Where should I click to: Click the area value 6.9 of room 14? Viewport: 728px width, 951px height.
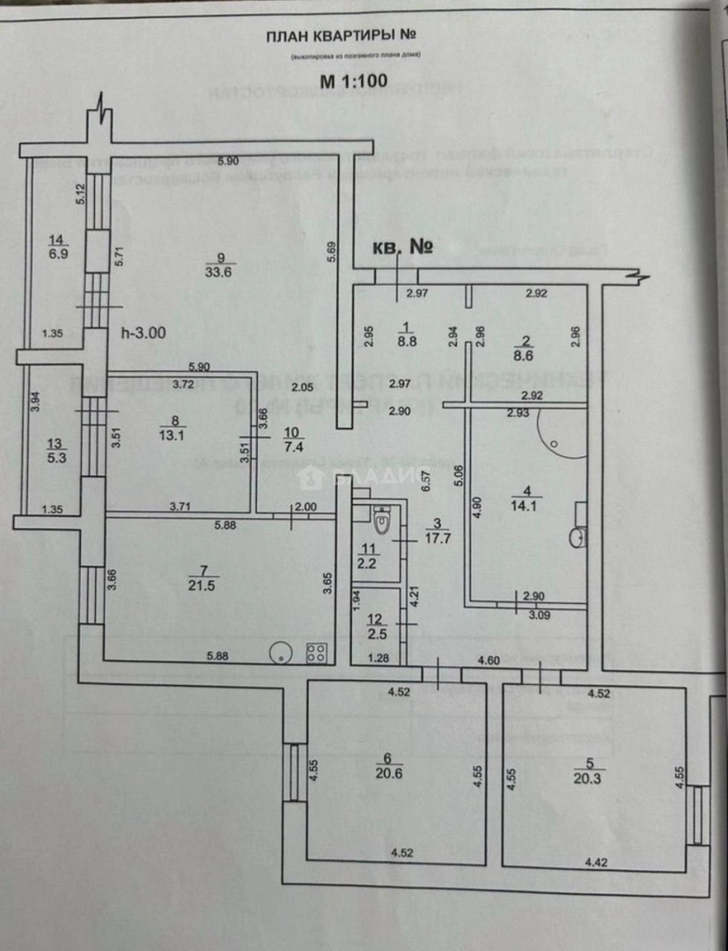point(57,253)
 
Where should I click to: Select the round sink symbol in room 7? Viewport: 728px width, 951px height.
point(280,652)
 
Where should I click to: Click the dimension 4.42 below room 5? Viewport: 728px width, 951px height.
point(596,864)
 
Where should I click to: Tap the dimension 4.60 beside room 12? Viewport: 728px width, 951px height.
point(489,659)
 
